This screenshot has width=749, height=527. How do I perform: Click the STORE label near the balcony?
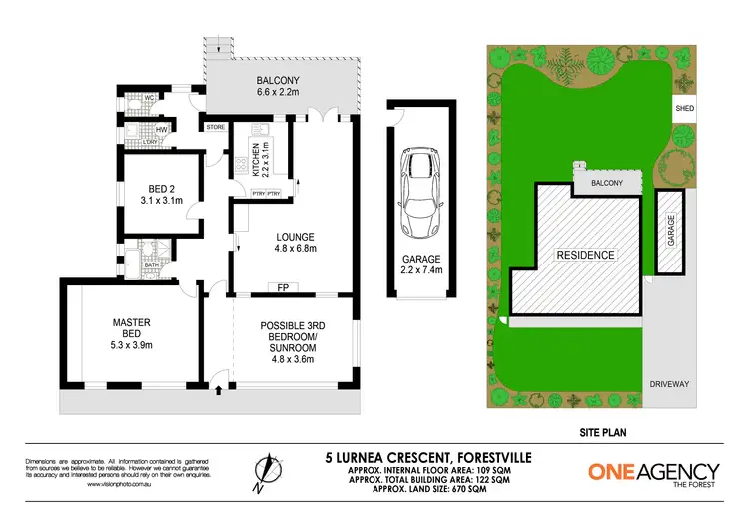(x=215, y=127)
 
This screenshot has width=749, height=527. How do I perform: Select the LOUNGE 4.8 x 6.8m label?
(x=295, y=244)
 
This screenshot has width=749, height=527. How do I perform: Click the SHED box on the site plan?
(x=685, y=108)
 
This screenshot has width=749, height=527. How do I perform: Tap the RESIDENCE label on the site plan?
(x=585, y=255)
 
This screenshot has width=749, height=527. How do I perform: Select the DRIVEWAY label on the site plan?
(x=669, y=382)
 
